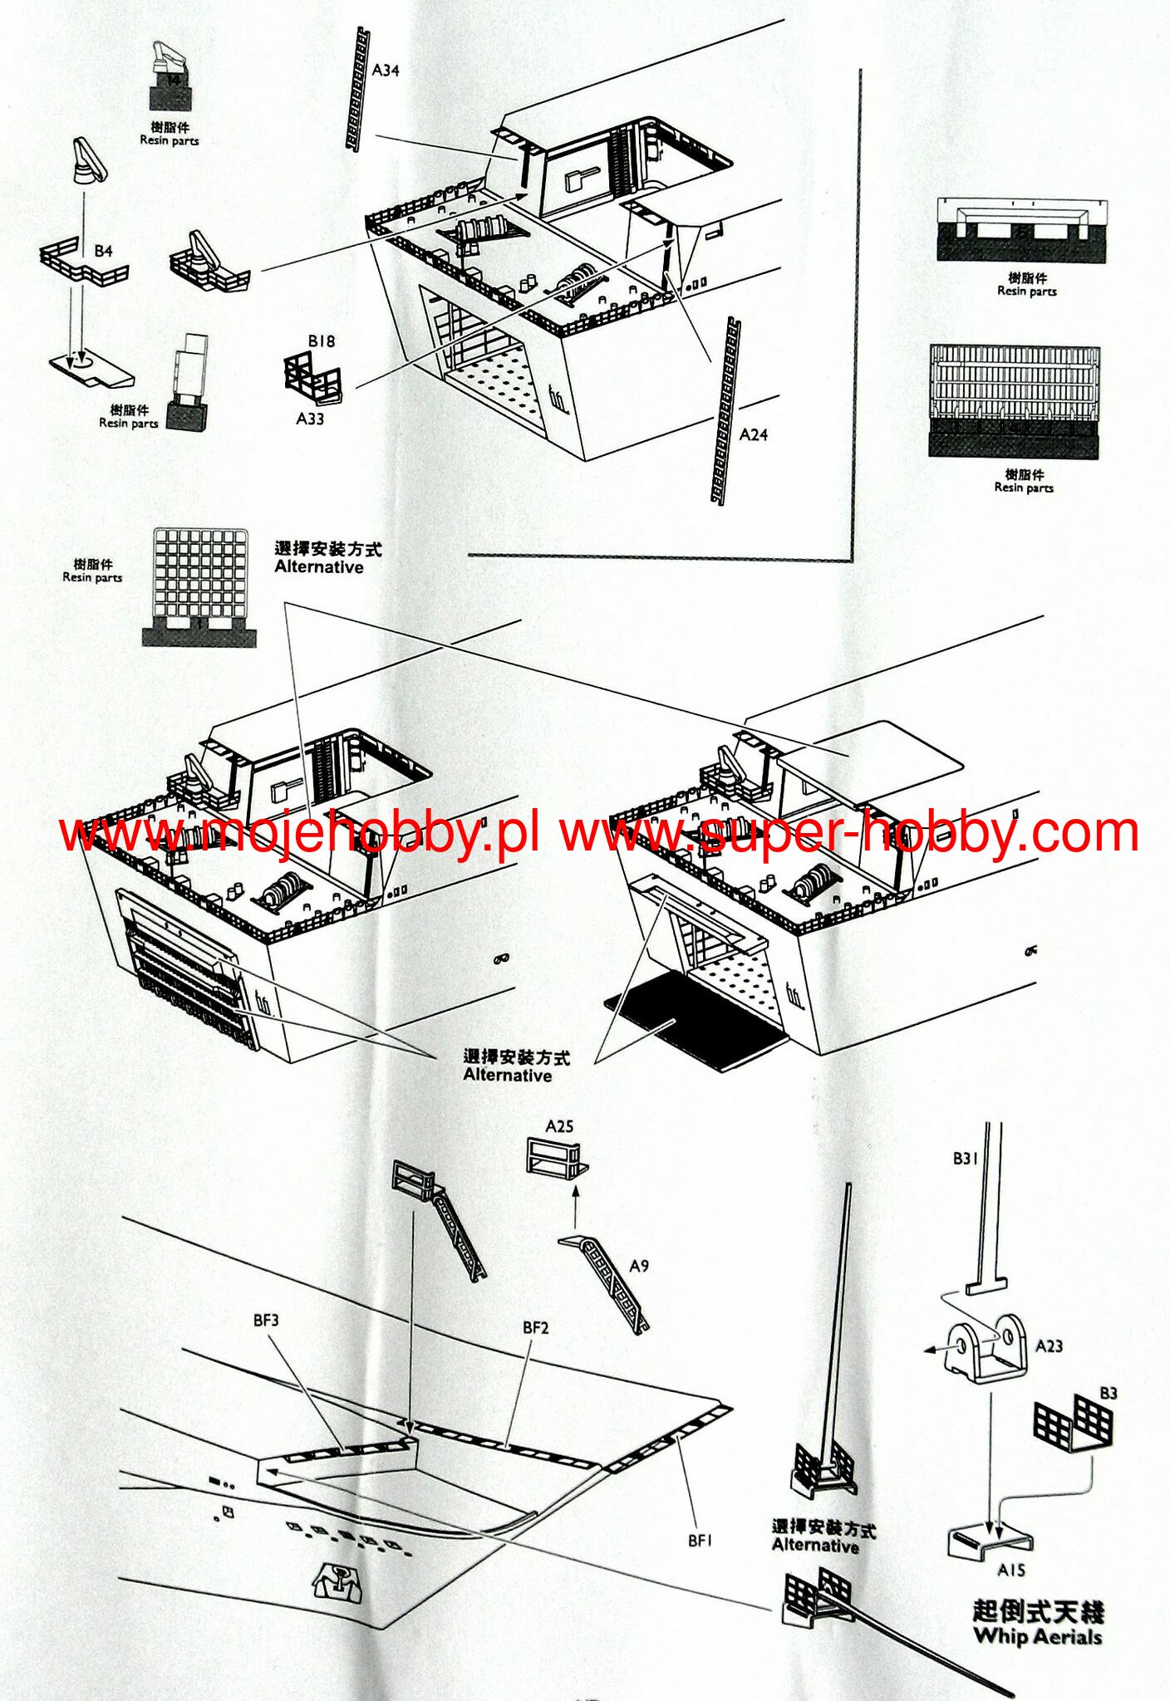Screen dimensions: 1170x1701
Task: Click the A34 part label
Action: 386,71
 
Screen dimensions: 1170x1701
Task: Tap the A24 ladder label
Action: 754,434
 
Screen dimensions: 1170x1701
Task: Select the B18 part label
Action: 322,341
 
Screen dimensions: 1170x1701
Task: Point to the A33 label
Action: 310,419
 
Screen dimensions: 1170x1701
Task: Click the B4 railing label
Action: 103,251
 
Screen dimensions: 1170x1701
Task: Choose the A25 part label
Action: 559,1126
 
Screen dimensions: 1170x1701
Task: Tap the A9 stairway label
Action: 639,1266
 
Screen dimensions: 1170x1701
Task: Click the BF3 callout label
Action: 266,1320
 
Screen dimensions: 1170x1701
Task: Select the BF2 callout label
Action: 536,1327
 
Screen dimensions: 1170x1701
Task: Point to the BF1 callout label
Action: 701,1540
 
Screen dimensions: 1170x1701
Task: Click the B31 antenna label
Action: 966,1158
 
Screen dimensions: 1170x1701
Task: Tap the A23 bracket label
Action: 1049,1346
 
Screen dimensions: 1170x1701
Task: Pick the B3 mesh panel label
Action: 1109,1393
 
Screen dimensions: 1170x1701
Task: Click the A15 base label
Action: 1011,1570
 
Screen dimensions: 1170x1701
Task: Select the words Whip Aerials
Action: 1038,1636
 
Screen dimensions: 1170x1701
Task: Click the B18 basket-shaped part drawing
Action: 313,379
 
